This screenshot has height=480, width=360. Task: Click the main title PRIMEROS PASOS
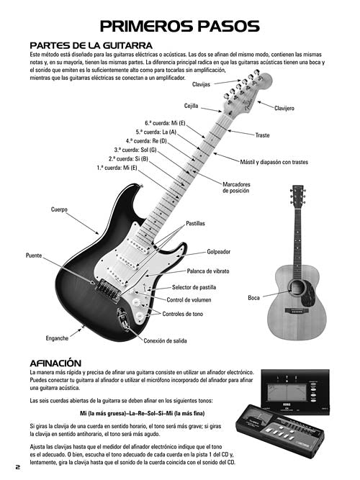click(x=180, y=27)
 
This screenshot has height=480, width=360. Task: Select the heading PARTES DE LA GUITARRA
click(x=91, y=45)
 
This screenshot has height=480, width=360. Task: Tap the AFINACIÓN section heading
click(x=55, y=363)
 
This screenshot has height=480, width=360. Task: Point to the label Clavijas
click(x=202, y=84)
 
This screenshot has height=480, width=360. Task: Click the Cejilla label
click(x=192, y=106)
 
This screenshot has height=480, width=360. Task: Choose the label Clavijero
click(x=284, y=108)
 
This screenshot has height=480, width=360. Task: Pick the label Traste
click(x=262, y=135)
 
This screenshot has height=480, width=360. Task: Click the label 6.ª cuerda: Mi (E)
click(x=165, y=123)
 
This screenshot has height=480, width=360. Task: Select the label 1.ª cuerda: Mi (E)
click(x=117, y=168)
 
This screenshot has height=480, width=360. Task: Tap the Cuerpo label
click(x=59, y=209)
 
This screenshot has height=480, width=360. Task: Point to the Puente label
click(x=34, y=255)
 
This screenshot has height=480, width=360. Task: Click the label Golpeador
click(x=218, y=252)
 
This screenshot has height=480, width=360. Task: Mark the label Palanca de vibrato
click(x=208, y=271)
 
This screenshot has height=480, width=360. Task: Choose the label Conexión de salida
click(x=165, y=340)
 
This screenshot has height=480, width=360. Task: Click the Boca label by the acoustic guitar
click(x=253, y=297)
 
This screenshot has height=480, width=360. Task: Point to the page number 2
click(x=18, y=467)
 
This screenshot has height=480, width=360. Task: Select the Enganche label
click(x=57, y=338)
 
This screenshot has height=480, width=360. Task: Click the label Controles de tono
click(x=183, y=314)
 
